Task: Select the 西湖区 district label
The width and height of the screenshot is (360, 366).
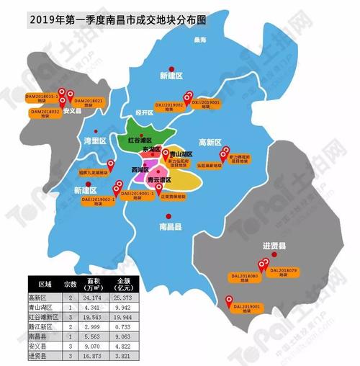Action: tap(140, 170)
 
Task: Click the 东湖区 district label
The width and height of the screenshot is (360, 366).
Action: tap(152, 149)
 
